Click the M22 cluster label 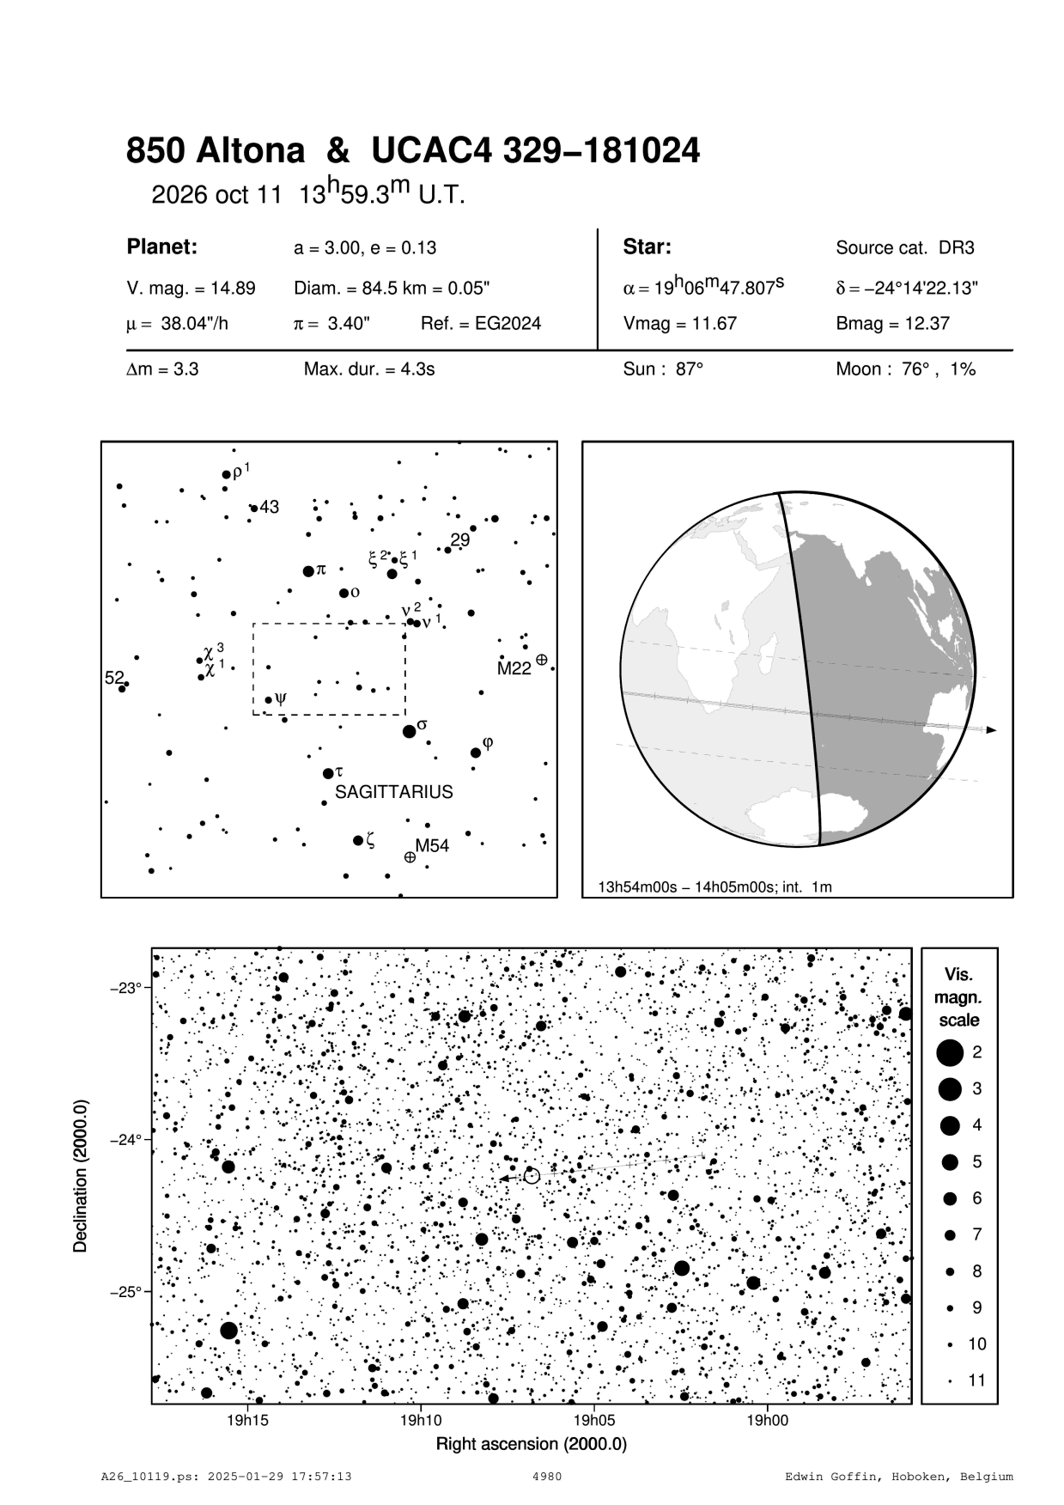(514, 669)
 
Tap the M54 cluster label (432, 845)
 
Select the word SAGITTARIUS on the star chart (393, 792)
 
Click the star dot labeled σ (409, 732)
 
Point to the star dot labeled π (308, 571)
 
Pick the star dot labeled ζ (358, 840)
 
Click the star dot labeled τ (327, 774)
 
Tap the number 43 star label (269, 508)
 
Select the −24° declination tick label (126, 1140)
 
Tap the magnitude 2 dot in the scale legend (950, 1051)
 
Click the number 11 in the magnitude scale (977, 1380)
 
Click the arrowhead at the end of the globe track (991, 730)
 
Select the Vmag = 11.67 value (679, 324)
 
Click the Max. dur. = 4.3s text (369, 370)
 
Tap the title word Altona (251, 151)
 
